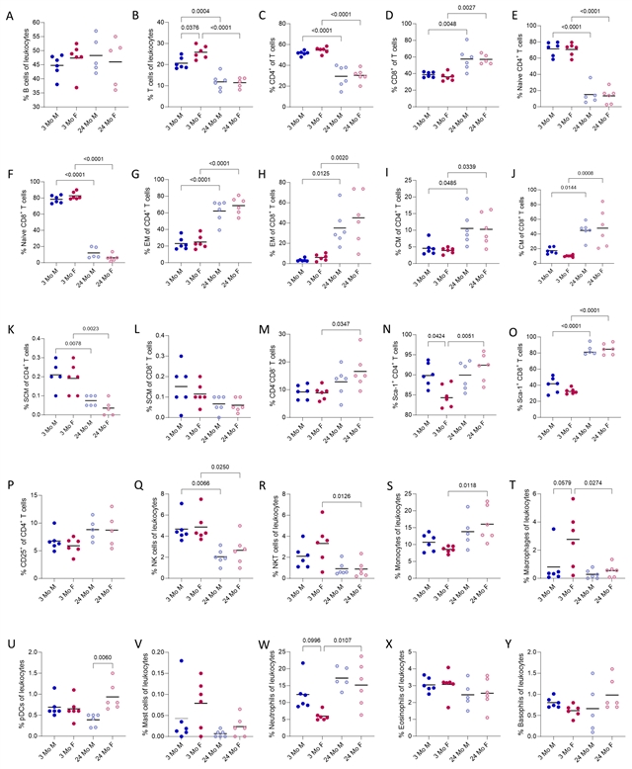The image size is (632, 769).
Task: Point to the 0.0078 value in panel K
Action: tap(57, 344)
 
